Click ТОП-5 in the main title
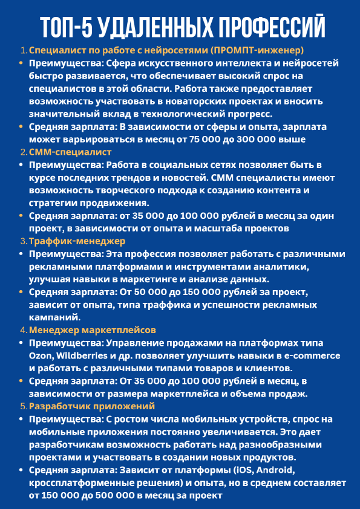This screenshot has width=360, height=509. pyautogui.click(x=66, y=27)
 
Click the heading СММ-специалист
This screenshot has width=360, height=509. pyautogui.click(x=70, y=152)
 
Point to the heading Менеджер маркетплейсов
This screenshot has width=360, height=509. pyautogui.click(x=93, y=330)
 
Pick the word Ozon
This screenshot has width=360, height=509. pyautogui.click(x=39, y=355)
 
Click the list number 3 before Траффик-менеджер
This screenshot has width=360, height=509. pyautogui.click(x=23, y=241)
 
